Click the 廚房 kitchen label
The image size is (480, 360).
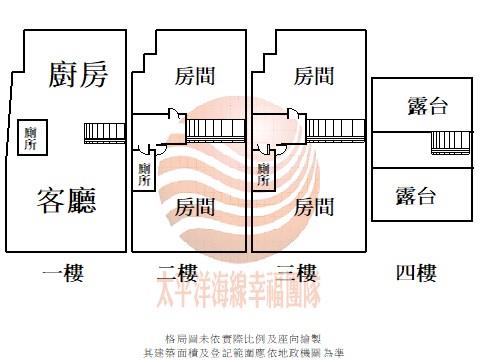point(78,73)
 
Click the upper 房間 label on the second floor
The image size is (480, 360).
point(195,76)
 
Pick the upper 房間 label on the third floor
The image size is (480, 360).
point(314,76)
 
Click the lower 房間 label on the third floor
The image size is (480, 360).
point(314,207)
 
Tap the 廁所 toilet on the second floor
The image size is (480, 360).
point(145,174)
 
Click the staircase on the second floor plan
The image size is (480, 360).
point(225,129)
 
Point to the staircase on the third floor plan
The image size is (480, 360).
point(344,129)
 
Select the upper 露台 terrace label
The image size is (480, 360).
point(413,107)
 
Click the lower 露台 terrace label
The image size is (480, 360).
point(413,195)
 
